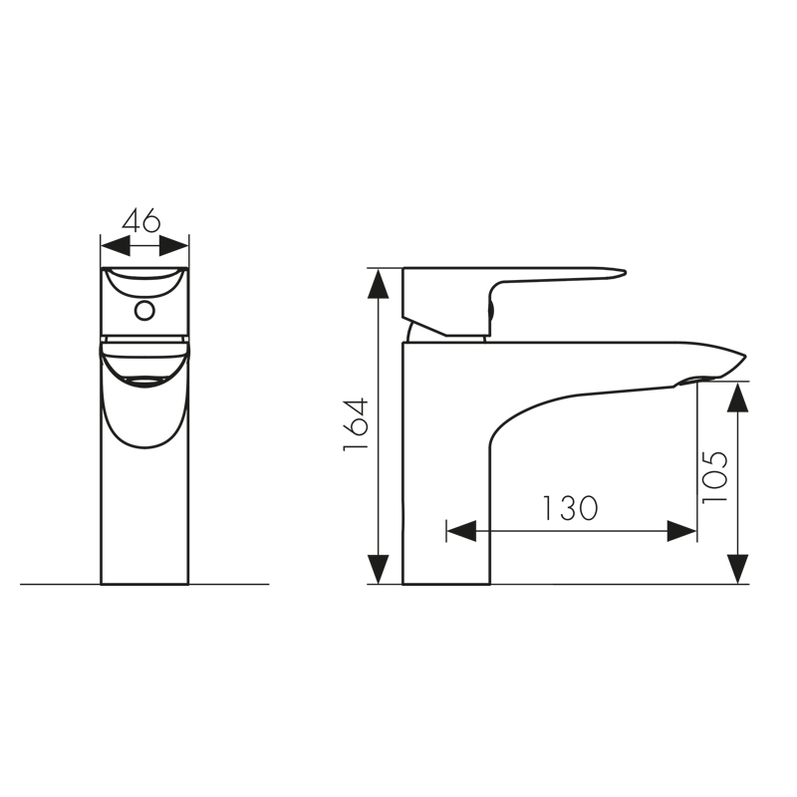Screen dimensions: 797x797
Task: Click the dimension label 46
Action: pos(141,220)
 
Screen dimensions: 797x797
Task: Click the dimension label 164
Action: pos(356,424)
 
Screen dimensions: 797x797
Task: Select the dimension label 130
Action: pos(570,508)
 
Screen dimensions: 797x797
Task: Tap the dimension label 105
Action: pos(714,477)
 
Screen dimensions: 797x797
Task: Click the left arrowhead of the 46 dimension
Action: pos(116,246)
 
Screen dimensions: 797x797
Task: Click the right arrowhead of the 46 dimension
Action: pos(173,246)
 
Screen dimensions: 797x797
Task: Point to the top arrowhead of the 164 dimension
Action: pos(379,284)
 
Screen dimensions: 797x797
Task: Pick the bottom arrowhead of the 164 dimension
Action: pos(379,569)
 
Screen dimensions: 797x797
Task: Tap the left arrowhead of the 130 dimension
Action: pos(461,531)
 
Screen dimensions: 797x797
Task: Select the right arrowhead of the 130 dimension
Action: pos(681,531)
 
